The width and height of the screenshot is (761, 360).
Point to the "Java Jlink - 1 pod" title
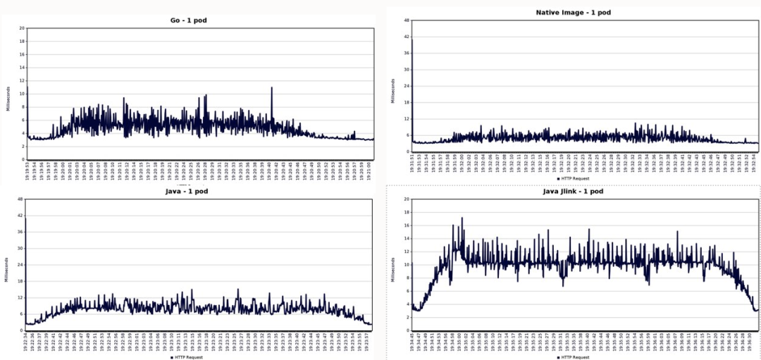pos(573,191)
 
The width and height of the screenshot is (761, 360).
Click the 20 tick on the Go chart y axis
pos(22,28)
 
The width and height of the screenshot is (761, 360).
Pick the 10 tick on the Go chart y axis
pos(22,94)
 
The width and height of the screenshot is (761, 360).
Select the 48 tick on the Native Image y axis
pos(407,20)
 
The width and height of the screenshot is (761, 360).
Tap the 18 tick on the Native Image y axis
pos(407,102)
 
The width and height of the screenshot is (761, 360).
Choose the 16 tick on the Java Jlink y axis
pos(407,225)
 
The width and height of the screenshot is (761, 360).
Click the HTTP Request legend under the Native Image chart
pos(574,178)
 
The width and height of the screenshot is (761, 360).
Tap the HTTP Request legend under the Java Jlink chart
pos(574,358)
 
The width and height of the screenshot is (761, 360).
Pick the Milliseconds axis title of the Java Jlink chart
pos(392,269)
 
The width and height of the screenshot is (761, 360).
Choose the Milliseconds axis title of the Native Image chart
pos(392,89)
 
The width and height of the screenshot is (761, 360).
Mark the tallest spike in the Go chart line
pos(271,88)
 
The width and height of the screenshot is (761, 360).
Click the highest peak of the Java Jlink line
pos(462,218)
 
